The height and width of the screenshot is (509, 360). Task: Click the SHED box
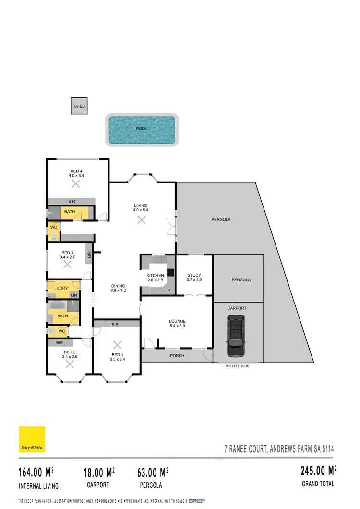(79, 106)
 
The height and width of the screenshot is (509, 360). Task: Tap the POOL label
(142, 129)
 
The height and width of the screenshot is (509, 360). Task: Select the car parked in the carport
(236, 336)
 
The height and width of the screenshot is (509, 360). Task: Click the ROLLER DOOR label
(237, 366)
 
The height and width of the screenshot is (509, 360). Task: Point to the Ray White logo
(32, 439)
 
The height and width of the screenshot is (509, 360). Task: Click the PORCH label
(177, 356)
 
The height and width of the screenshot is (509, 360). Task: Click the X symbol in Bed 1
(117, 345)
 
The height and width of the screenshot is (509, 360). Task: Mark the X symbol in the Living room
(141, 220)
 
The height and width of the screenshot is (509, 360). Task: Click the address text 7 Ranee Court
(279, 449)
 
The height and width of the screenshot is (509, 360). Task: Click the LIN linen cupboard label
(73, 295)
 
